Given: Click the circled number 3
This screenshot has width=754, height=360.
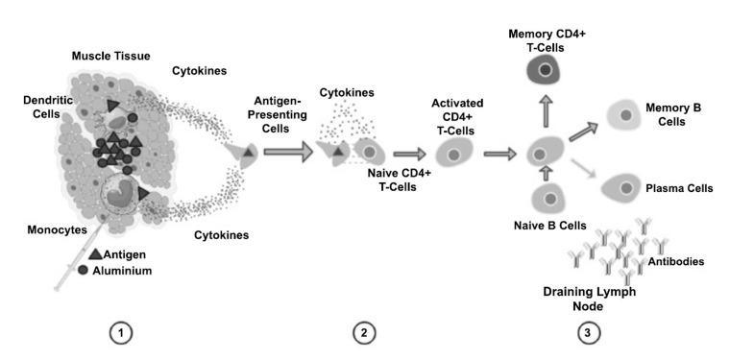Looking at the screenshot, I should click(x=589, y=333).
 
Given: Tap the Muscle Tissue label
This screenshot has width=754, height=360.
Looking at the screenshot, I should click(x=111, y=57).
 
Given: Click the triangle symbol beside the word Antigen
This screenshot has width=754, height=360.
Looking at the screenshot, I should click(x=95, y=254).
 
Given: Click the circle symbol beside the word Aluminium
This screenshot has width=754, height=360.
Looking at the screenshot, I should click(x=96, y=271).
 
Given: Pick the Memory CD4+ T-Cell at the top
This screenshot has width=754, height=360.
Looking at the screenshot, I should click(x=547, y=70).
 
